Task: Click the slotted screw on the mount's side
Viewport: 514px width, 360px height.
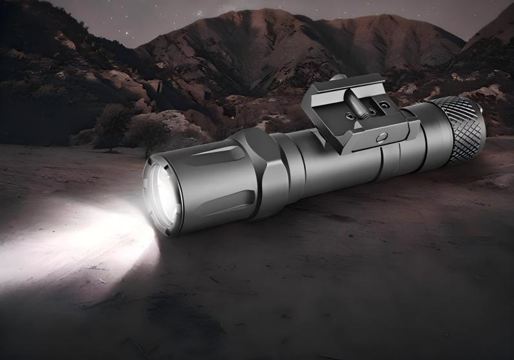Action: tap(381, 136)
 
